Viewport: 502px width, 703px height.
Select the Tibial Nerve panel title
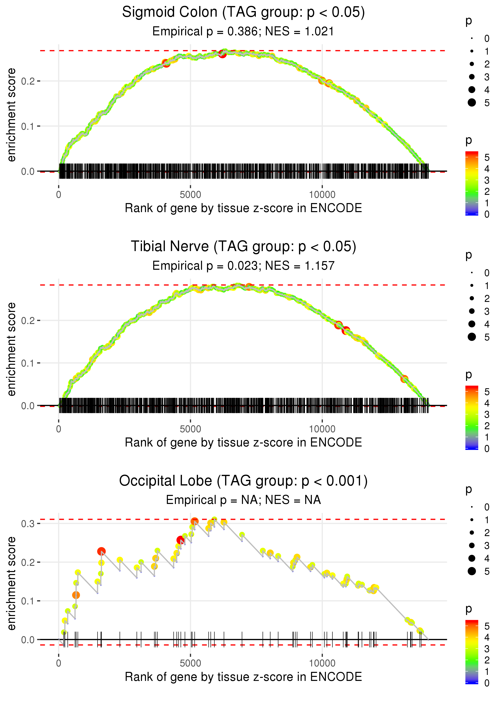click(243, 247)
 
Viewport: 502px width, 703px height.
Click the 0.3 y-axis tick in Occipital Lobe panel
click(28, 524)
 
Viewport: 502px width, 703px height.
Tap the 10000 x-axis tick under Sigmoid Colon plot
click(322, 195)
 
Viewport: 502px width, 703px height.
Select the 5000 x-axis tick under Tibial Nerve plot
click(190, 429)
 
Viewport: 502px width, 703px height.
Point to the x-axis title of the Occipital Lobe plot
click(243, 677)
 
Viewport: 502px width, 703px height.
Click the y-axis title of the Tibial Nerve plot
click(11, 349)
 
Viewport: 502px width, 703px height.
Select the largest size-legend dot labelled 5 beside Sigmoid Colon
click(472, 103)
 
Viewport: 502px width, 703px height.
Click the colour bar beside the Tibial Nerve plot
click(471, 417)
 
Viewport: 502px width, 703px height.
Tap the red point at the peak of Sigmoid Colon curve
click(222, 54)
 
